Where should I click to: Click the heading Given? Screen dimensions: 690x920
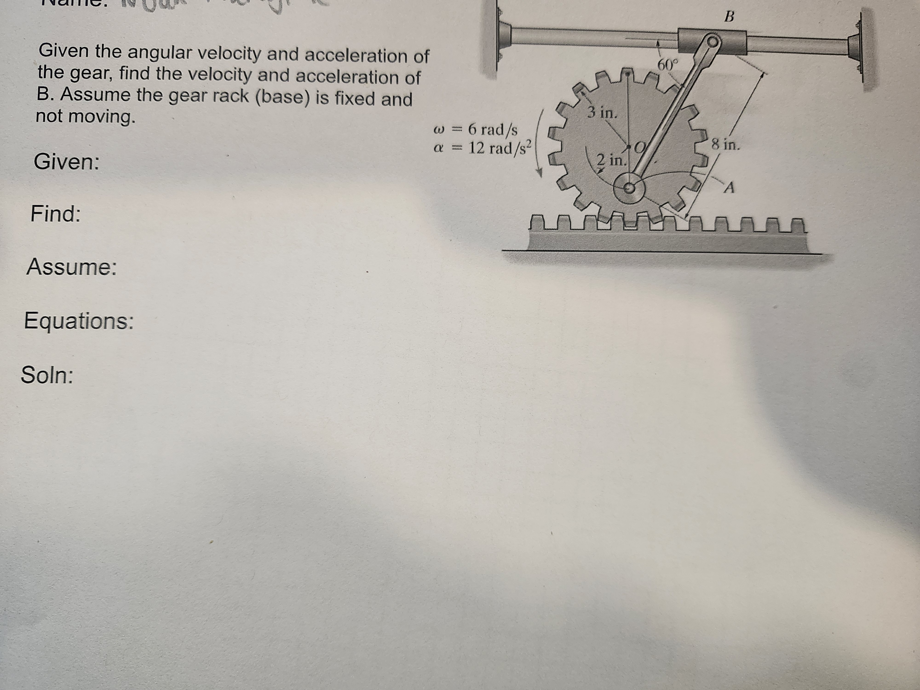66,162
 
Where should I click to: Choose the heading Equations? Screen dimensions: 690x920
79,321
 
